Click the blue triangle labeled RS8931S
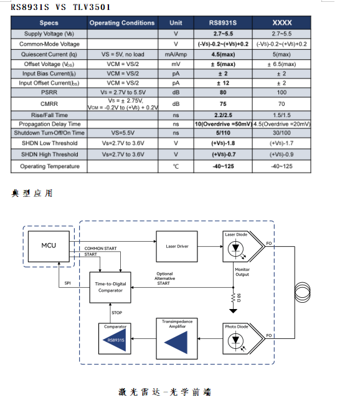click(x=114, y=340)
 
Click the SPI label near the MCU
click(x=68, y=283)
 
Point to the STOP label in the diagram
click(x=116, y=313)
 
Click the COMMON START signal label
click(x=100, y=249)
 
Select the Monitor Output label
click(x=242, y=272)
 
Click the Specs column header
click(x=49, y=23)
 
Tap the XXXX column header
click(x=281, y=23)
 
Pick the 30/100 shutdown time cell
click(x=281, y=133)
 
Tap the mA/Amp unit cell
click(x=176, y=54)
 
